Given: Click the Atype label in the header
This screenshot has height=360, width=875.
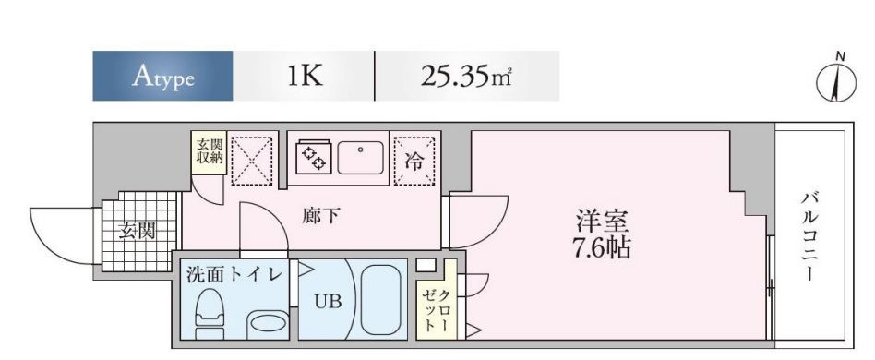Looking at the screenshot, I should click(x=162, y=76).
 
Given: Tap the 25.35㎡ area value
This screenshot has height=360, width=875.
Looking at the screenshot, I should click(x=466, y=76).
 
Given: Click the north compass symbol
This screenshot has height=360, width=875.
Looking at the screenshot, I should click(x=834, y=83).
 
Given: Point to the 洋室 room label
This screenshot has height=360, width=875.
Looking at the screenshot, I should click(x=603, y=222).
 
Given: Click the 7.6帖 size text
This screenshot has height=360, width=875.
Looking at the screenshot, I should click(x=603, y=248).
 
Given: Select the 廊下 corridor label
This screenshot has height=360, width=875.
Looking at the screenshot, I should click(x=321, y=217).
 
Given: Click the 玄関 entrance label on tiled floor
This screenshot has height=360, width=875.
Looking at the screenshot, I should click(x=137, y=231).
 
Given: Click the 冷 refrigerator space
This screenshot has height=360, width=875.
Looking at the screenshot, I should click(x=414, y=162).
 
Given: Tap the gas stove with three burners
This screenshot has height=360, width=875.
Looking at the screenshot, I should click(x=313, y=157).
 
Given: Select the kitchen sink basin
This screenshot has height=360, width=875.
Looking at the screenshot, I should click(x=362, y=157).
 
